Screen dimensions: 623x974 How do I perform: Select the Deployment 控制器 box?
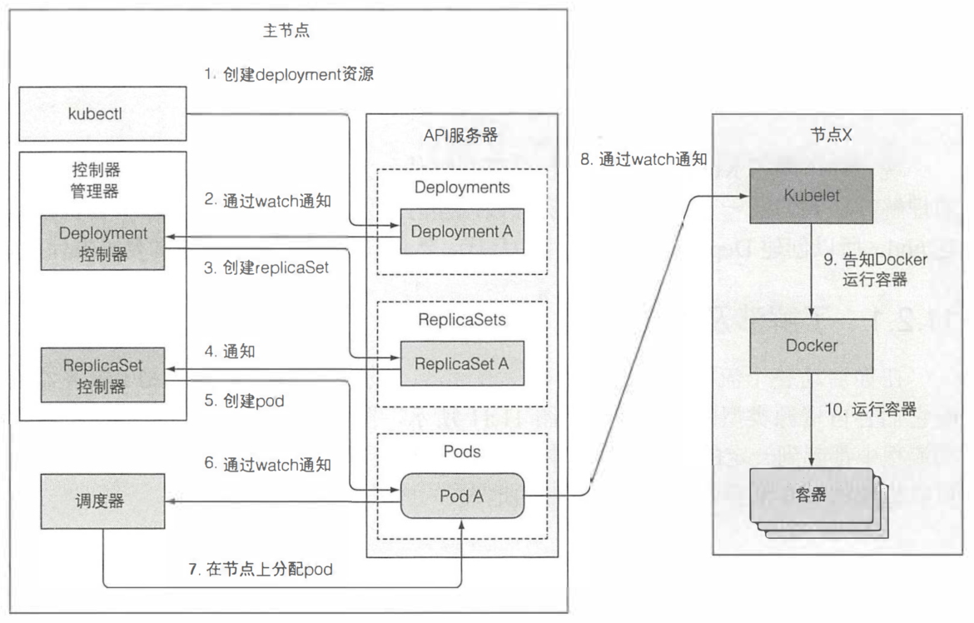(x=103, y=243)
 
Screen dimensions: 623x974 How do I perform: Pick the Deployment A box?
(x=462, y=232)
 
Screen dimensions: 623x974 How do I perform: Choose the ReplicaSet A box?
(x=462, y=363)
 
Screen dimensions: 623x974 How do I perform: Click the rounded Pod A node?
(x=462, y=496)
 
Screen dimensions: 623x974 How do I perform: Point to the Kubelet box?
(x=812, y=195)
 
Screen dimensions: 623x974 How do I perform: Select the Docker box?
(x=812, y=345)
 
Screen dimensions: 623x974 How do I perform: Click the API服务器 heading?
(x=461, y=136)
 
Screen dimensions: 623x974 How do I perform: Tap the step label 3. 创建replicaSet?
(x=266, y=268)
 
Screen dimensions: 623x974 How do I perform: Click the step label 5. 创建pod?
(x=245, y=401)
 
